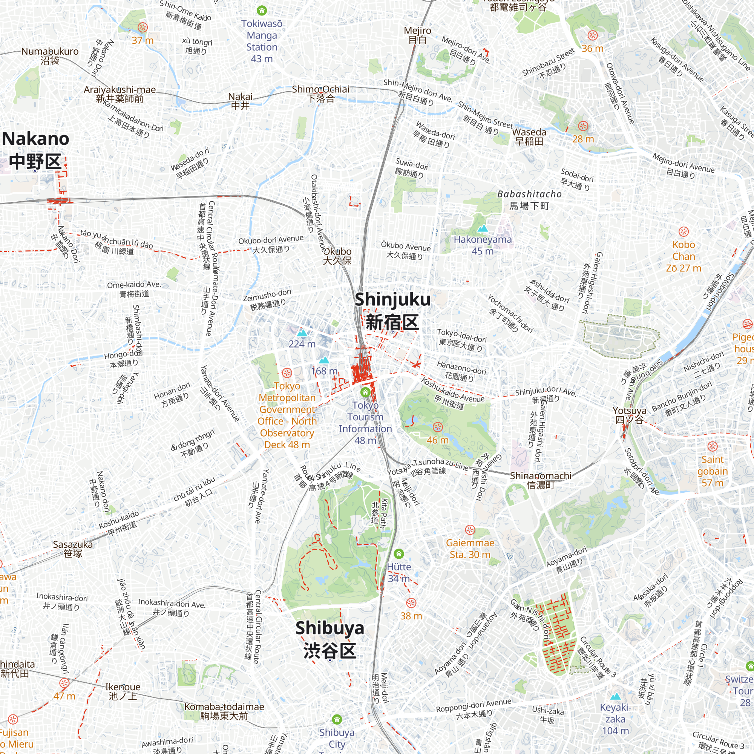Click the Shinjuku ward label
(x=392, y=311)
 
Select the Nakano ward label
(x=35, y=150)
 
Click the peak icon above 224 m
(x=302, y=333)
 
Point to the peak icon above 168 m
(x=324, y=360)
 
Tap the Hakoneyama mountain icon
(x=483, y=228)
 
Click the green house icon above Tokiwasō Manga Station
(x=262, y=10)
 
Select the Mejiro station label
(x=417, y=35)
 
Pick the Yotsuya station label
(x=629, y=415)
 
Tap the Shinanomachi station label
(x=541, y=480)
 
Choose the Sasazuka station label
(x=73, y=549)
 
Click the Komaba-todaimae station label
(x=224, y=711)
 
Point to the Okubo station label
(x=337, y=256)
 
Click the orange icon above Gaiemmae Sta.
(x=470, y=530)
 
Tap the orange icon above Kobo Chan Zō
(x=684, y=232)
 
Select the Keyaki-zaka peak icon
(x=616, y=696)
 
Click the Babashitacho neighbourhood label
(x=529, y=199)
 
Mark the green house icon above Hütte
(x=398, y=553)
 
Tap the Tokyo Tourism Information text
(x=365, y=417)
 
